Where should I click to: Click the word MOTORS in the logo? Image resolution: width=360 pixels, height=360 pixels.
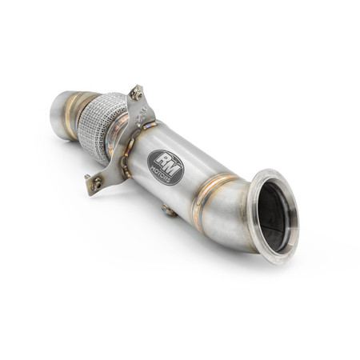tap(166, 174)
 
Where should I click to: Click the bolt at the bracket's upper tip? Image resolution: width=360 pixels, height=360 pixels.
tap(137, 92)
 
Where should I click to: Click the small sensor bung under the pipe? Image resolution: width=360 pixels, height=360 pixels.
tap(168, 210)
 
